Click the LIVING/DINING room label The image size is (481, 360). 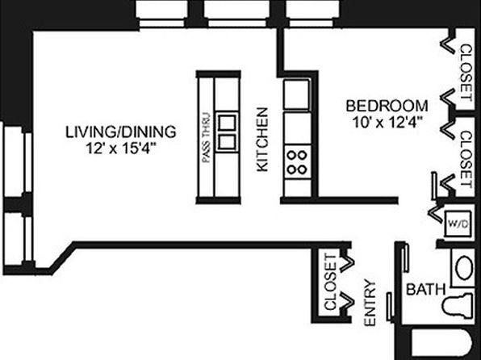tap(121, 132)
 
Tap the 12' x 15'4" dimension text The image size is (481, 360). tap(120, 149)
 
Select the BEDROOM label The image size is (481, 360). tap(387, 106)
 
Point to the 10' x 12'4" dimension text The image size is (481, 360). tap(386, 123)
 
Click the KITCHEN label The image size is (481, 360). tap(262, 140)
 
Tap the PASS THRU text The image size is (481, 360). tap(207, 138)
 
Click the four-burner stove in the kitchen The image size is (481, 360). tap(297, 161)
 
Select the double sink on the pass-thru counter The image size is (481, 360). tap(228, 132)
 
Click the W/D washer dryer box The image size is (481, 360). tap(458, 224)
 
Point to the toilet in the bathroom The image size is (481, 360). tap(458, 305)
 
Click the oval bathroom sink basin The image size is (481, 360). tap(464, 267)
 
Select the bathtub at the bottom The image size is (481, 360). tap(442, 344)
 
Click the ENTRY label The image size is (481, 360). tap(370, 303)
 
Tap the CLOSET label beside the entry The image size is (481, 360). tap(330, 282)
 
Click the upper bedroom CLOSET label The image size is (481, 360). tap(466, 73)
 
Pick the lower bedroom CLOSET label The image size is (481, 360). tap(466, 159)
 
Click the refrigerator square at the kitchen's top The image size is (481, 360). tap(297, 94)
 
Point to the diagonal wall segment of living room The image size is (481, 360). tap(63, 257)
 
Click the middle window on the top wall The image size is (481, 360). tap(237, 14)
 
